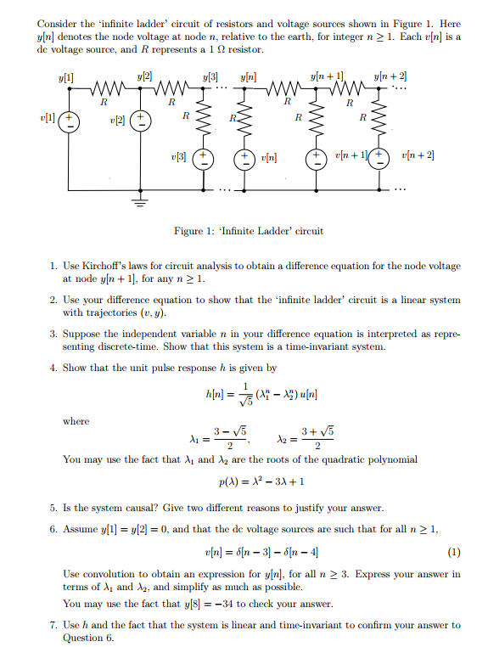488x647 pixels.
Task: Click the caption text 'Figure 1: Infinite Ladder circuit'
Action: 248,231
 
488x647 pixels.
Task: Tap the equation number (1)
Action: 454,551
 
